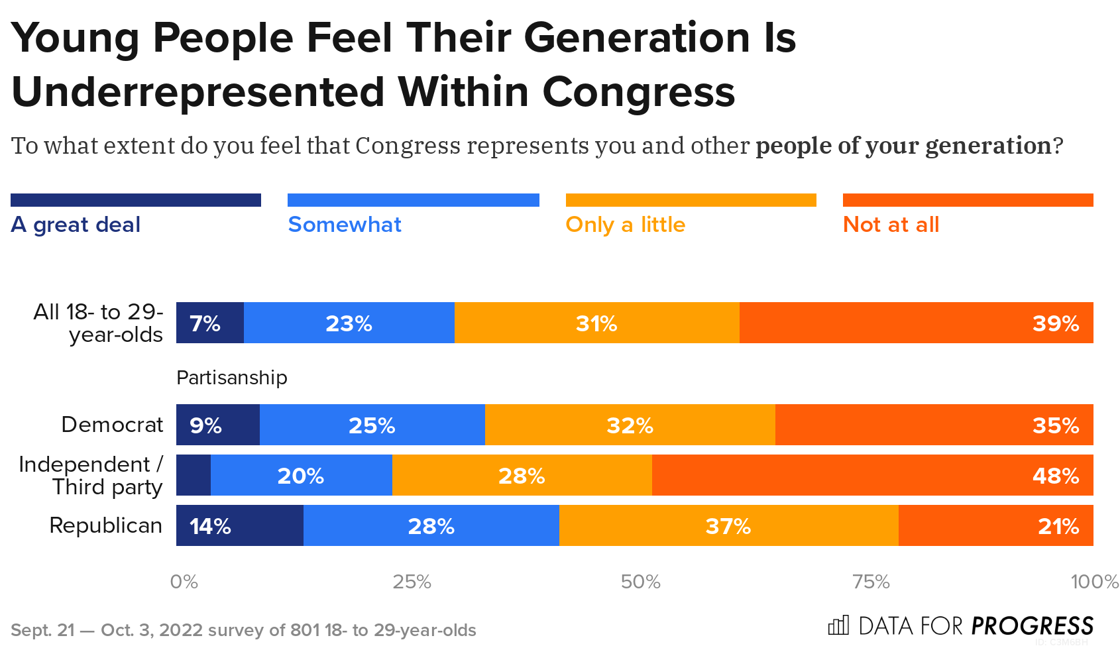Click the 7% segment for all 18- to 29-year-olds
(209, 323)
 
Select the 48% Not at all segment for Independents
(872, 475)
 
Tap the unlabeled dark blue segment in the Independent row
(193, 475)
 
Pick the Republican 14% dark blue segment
(239, 525)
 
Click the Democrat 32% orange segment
(630, 425)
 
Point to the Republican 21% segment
(995, 525)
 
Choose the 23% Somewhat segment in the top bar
(349, 323)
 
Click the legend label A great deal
(76, 225)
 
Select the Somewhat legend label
(345, 225)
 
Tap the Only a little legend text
(625, 225)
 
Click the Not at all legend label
(891, 225)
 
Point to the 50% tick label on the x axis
(640, 582)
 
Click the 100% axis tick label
(1094, 582)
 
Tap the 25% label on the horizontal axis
(412, 582)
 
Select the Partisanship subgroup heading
(231, 378)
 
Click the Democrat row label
(112, 425)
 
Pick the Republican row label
(105, 525)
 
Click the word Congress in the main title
(638, 91)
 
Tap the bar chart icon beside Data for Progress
(838, 625)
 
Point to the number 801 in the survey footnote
(304, 630)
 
